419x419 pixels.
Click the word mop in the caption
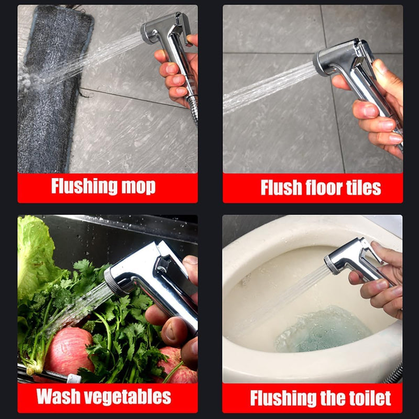[138, 186]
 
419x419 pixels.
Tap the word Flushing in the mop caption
[84, 186]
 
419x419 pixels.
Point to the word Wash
[59, 396]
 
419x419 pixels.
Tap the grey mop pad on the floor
[51, 91]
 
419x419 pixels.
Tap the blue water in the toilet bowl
[323, 330]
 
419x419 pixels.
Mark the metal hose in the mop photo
[193, 108]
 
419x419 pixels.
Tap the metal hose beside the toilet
[394, 373]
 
